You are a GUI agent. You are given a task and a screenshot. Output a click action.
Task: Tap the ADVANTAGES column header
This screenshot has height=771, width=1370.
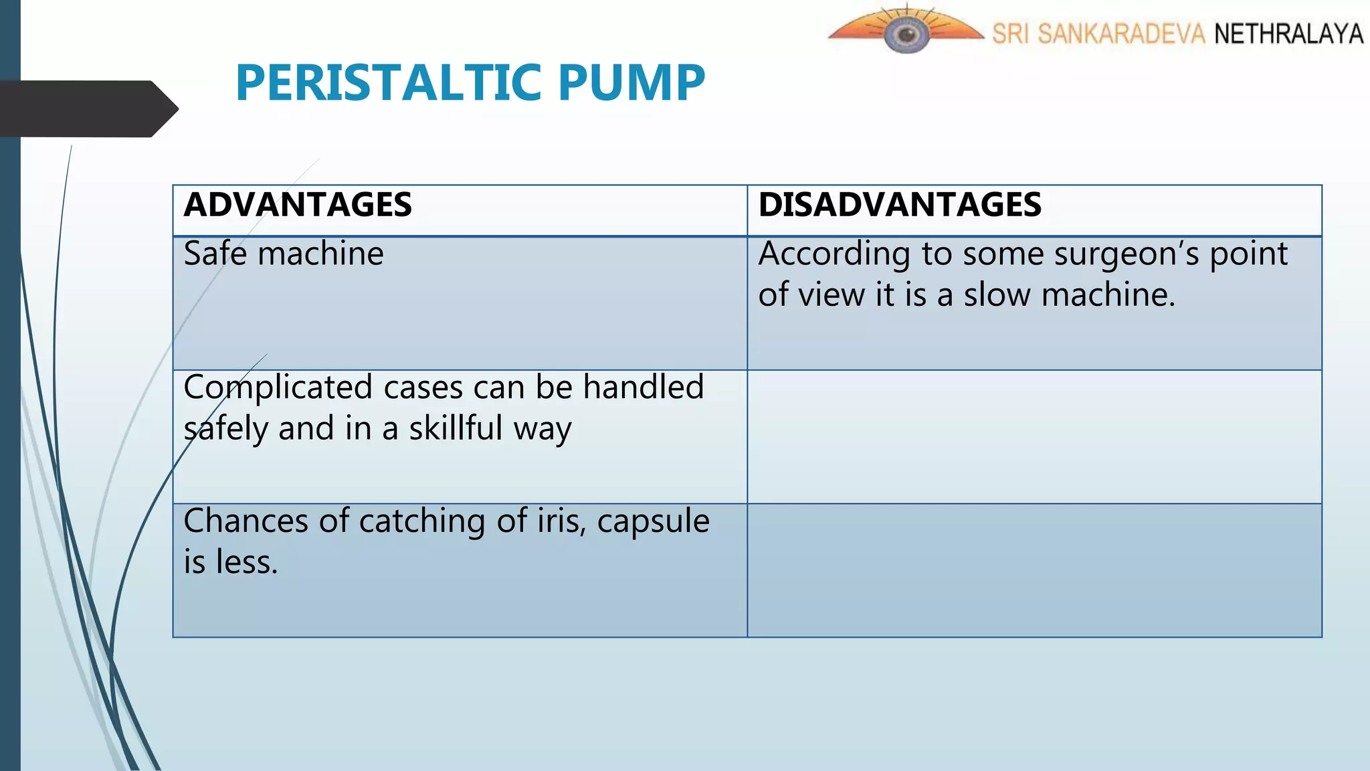(x=298, y=205)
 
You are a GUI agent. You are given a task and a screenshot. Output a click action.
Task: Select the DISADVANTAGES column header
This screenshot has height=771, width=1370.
(x=900, y=205)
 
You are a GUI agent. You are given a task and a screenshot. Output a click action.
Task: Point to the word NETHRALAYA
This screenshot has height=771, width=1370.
(x=1288, y=33)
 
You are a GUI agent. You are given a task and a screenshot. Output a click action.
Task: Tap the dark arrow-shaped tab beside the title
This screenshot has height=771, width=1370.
(x=87, y=108)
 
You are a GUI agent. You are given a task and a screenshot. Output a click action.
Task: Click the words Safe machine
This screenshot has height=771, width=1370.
(x=284, y=254)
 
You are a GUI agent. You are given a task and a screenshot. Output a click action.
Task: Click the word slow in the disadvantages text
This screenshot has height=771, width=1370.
(x=997, y=295)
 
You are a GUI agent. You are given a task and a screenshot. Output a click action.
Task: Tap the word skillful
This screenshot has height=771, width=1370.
(x=456, y=428)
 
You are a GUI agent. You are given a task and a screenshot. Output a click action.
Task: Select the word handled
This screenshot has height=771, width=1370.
(x=643, y=388)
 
